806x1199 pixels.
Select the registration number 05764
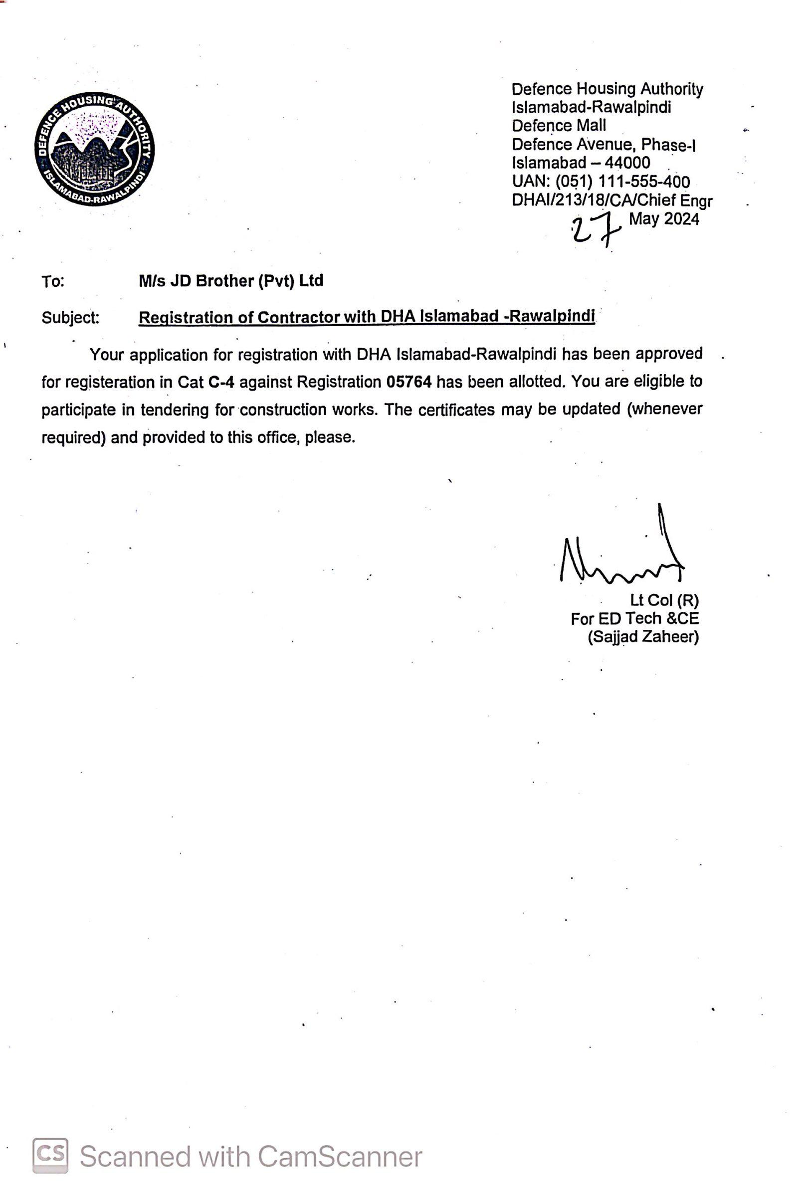coord(408,382)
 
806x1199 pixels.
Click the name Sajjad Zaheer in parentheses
coord(643,637)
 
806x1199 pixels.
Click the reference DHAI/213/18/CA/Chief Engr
coord(611,200)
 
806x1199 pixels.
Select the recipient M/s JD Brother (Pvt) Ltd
coord(231,281)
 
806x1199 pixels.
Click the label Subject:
coord(70,318)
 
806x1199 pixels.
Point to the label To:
coord(53,282)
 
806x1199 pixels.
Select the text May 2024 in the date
coord(664,219)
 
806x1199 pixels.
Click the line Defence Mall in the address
coord(559,126)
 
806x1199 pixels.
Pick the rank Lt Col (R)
coord(665,600)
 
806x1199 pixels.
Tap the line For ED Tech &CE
coord(634,619)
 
